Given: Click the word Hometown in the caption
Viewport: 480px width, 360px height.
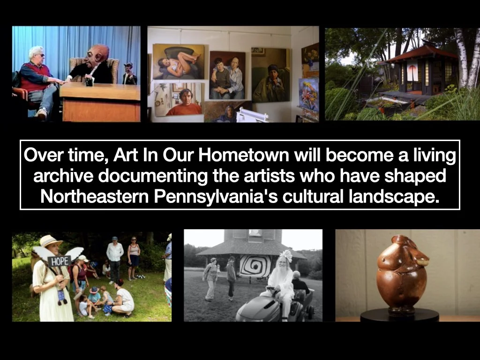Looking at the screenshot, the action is (x=243, y=155).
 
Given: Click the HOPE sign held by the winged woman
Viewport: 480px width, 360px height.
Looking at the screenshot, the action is (x=59, y=261).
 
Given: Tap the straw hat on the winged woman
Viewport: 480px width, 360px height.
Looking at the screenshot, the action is (x=50, y=240).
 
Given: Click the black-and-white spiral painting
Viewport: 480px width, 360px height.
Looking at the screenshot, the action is (x=255, y=266).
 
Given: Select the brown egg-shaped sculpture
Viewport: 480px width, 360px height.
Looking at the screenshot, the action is (x=402, y=273).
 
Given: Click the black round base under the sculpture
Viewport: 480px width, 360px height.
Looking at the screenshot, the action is (x=399, y=315).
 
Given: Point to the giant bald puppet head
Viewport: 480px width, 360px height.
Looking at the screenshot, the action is (x=97, y=57).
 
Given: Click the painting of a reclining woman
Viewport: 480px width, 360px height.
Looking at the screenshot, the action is (x=178, y=62).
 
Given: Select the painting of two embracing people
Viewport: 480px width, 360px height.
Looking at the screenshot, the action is (x=227, y=75).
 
